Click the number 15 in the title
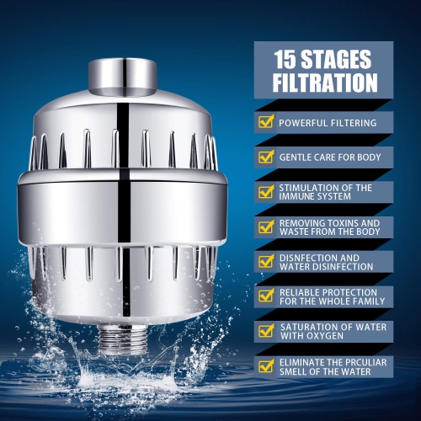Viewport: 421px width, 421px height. pyautogui.click(x=288, y=59)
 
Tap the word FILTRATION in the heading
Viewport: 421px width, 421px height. pyautogui.click(x=325, y=83)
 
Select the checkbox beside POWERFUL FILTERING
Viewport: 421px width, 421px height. pyautogui.click(x=265, y=122)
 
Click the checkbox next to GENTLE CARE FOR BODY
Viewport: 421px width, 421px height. pyautogui.click(x=265, y=157)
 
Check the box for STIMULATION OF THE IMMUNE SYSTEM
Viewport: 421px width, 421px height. pyautogui.click(x=265, y=191)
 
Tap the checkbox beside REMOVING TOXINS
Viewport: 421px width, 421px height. pyautogui.click(x=265, y=226)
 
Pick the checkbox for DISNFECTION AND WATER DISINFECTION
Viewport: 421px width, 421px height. pyautogui.click(x=265, y=261)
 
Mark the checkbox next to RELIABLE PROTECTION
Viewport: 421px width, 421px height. pyautogui.click(x=265, y=296)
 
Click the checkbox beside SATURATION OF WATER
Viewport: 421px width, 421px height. pyautogui.click(x=265, y=331)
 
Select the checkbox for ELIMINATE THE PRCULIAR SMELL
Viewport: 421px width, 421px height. pyautogui.click(x=265, y=365)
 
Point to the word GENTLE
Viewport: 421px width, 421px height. pyautogui.click(x=296, y=157)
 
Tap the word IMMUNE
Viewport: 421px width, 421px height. pyautogui.click(x=298, y=197)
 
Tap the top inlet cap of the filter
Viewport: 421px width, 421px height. pyautogui.click(x=125, y=75)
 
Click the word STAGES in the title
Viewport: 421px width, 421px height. pyautogui.click(x=341, y=59)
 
